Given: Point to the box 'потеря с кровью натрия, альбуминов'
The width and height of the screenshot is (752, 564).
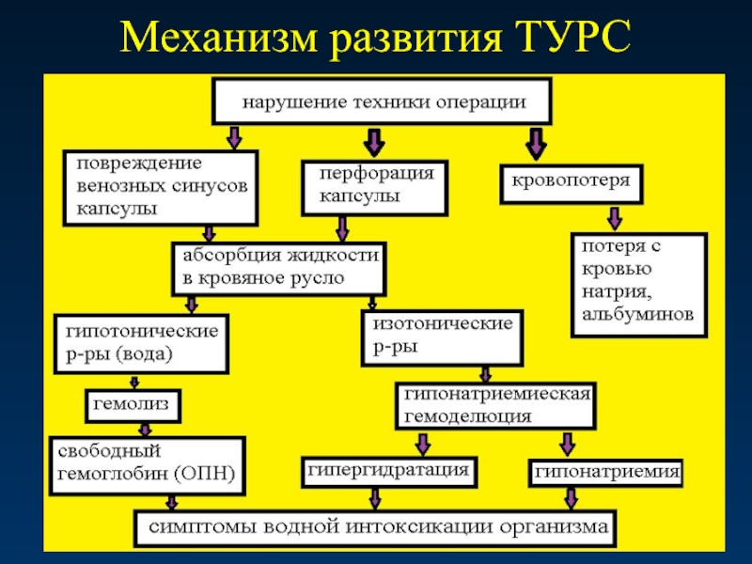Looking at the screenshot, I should point(639,284).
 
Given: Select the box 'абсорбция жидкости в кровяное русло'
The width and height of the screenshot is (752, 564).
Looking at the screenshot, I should point(278,267).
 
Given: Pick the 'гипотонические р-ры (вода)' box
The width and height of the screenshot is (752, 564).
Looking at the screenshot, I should point(141,344).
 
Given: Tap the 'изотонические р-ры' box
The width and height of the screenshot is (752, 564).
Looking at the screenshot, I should point(442,337).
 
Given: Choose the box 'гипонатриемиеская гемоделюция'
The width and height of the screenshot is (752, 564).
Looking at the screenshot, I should point(497,405).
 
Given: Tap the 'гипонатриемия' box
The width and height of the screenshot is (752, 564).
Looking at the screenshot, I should point(605,471).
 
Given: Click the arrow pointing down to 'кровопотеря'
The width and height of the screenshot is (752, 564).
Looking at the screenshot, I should point(537,143).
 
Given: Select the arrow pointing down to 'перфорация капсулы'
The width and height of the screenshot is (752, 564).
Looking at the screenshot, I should point(373,143).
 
